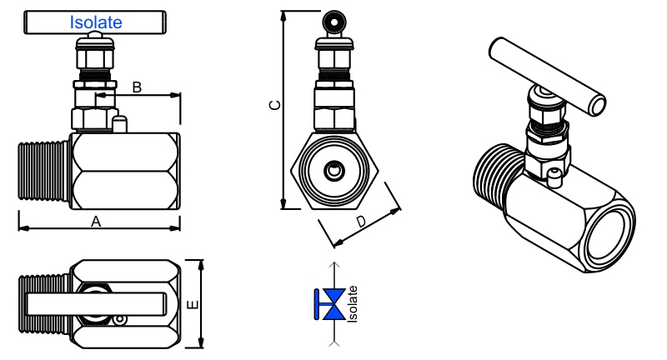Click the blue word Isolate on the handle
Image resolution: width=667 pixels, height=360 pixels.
click(x=97, y=23)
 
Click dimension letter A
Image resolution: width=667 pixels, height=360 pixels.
click(x=96, y=221)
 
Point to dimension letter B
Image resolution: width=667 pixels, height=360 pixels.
click(x=138, y=86)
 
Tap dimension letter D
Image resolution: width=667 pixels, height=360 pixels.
click(x=361, y=221)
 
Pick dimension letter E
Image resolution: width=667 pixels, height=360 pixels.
click(x=193, y=305)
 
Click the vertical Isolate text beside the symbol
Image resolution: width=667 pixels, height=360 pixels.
click(x=353, y=304)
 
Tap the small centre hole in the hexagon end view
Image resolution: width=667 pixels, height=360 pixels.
click(x=334, y=171)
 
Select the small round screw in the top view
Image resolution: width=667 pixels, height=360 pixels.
click(x=122, y=318)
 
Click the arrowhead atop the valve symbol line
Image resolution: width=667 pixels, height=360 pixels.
click(x=334, y=266)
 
